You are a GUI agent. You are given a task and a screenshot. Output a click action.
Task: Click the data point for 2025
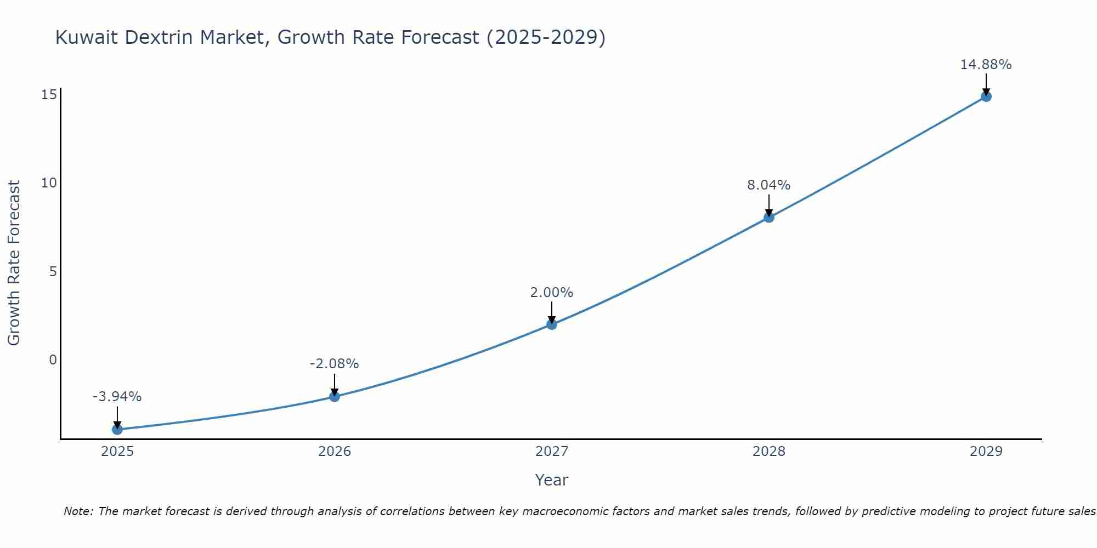[117, 429]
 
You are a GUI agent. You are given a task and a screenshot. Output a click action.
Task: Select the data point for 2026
[335, 396]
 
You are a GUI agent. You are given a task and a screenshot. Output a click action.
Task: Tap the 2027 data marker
[552, 324]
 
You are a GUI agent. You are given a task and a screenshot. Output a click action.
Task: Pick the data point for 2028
[769, 217]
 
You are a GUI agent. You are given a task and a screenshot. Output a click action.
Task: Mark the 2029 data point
[986, 96]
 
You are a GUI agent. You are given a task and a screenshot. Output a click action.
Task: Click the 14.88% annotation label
[986, 65]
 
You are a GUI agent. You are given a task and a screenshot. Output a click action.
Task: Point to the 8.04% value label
[768, 185]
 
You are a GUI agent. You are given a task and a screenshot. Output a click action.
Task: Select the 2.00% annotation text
[551, 293]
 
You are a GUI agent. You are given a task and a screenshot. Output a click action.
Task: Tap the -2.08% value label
[334, 364]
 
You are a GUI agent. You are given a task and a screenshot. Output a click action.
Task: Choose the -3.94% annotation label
[117, 397]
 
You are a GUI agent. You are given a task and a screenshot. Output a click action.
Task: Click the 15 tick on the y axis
[49, 95]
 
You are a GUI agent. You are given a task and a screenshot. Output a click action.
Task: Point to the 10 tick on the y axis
[49, 183]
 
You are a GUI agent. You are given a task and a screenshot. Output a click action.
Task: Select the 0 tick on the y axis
[53, 360]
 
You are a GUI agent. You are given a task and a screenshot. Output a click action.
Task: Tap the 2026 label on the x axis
[335, 452]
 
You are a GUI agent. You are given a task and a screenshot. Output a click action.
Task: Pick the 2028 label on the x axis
[769, 452]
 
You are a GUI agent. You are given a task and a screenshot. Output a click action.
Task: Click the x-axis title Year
[551, 480]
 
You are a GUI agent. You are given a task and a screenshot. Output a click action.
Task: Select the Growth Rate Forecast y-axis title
[14, 263]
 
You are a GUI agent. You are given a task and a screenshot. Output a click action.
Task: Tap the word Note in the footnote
[78, 511]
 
